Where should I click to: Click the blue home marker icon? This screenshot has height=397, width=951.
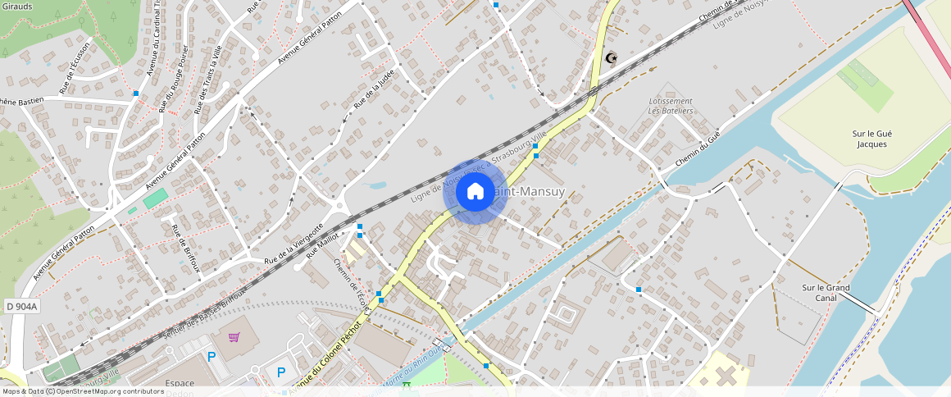coord(475,192)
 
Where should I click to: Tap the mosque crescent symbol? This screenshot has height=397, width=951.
coord(610,58)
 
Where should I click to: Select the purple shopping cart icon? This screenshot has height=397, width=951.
coord(234,337)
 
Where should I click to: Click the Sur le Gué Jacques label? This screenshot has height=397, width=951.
coord(871,139)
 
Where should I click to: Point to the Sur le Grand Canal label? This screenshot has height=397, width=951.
coord(826,293)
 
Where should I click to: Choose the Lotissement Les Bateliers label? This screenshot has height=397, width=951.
coord(671,106)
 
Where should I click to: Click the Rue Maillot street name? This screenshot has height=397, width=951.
coord(323,244)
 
